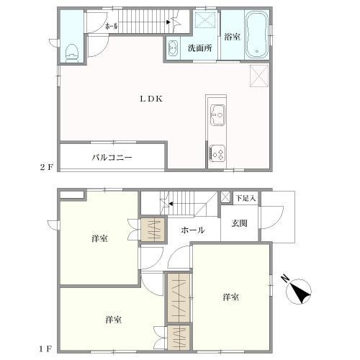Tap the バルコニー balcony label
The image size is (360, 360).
[x=111, y=156]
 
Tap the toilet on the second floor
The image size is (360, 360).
[x=71, y=51]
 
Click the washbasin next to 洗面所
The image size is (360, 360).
[x=173, y=49]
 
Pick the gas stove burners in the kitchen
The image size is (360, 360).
[x=217, y=153]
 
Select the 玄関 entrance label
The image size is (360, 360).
[x=240, y=224]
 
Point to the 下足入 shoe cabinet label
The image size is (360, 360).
[x=247, y=197]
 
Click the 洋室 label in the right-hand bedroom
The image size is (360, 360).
[x=230, y=297]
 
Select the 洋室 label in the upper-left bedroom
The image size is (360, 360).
[x=99, y=238]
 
